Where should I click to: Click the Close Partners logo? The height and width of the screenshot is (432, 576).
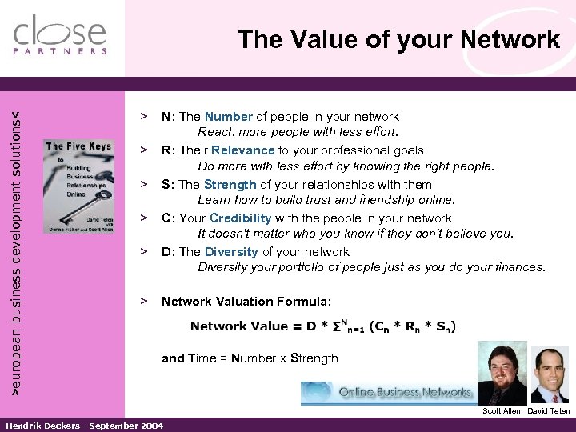tap(60, 35)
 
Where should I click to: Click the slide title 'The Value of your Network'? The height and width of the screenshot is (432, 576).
tap(398, 39)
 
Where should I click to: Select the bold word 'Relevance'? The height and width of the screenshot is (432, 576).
tap(243, 150)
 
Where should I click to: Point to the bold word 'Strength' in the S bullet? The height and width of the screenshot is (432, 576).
tap(230, 184)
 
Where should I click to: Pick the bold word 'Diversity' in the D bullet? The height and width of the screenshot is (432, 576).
tap(231, 251)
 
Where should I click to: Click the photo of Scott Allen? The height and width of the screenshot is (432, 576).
tap(502, 372)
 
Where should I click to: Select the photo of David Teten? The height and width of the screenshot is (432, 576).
tap(550, 376)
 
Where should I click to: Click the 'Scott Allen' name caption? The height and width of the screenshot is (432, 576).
tap(501, 411)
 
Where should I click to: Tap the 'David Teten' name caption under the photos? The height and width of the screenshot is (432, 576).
tap(549, 411)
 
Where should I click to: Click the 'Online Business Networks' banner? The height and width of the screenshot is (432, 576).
tap(392, 393)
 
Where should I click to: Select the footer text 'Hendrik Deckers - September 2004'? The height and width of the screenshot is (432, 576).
tap(85, 426)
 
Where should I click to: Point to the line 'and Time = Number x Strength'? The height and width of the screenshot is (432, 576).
tap(250, 358)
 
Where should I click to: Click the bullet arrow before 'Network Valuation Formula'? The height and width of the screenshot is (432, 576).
tap(145, 302)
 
